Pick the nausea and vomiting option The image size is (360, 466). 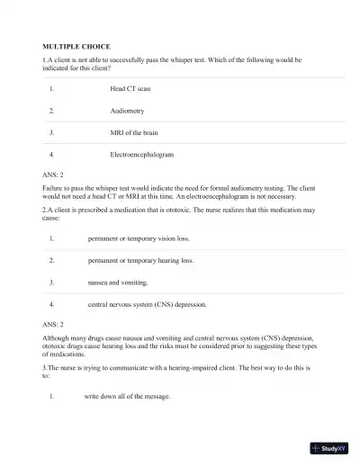click(x=121, y=282)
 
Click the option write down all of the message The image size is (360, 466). click(x=127, y=396)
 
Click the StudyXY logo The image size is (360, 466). click(x=331, y=448)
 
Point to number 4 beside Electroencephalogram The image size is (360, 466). click(x=52, y=154)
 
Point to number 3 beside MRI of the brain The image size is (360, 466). click(x=52, y=132)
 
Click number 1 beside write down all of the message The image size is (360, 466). click(x=52, y=396)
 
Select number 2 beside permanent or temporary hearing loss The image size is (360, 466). click(x=52, y=261)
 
